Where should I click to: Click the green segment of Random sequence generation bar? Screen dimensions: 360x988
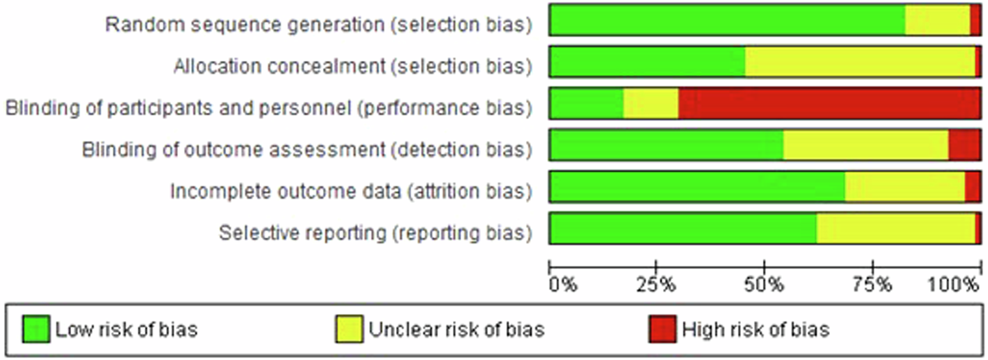coord(727,20)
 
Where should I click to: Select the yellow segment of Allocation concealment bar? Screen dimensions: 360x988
coord(860,62)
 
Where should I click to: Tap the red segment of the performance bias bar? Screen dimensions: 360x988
coord(829,104)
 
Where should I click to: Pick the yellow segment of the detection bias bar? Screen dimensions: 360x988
coord(866,145)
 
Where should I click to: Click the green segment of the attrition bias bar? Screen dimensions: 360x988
coord(697,187)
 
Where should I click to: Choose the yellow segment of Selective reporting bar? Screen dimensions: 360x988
coord(896,229)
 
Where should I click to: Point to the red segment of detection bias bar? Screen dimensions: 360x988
coord(964,145)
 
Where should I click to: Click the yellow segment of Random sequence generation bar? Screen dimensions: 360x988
coord(937,20)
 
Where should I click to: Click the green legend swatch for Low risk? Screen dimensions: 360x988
coord(36,329)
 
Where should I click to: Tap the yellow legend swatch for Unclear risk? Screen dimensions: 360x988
coord(349,329)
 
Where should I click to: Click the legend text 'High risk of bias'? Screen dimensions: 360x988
coord(755,330)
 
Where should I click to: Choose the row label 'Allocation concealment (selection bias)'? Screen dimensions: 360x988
coord(352,66)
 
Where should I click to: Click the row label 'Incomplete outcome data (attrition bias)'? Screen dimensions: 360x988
coord(351,192)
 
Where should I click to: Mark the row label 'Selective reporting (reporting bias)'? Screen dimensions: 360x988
coord(375,233)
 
